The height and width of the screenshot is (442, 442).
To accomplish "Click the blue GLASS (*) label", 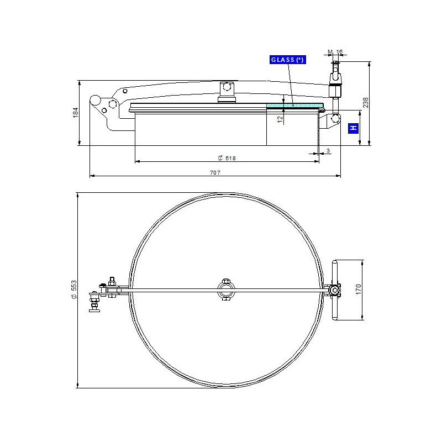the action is (288, 60).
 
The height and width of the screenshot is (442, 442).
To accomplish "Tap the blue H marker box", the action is (353, 128).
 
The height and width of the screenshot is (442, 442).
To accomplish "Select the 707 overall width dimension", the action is (215, 172).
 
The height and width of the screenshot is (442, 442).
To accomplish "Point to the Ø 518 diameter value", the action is (227, 158).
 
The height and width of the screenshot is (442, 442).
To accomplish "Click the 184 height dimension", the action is (76, 112).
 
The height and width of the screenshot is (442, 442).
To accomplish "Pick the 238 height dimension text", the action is (366, 103).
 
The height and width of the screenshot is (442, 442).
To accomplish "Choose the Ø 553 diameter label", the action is (74, 290).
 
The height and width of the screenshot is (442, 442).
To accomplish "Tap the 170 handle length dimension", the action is (358, 290).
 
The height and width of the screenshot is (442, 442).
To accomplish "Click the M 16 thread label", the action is (335, 51).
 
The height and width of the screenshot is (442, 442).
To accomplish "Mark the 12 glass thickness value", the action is (280, 119).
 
